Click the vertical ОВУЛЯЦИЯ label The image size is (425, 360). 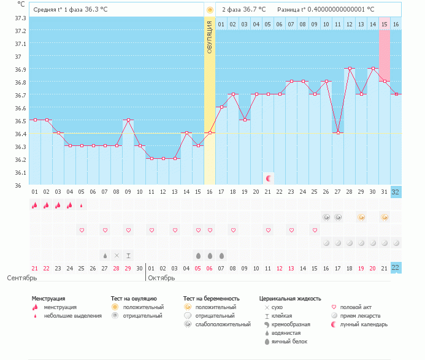[x=210, y=37]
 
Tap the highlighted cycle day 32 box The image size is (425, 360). [x=396, y=192]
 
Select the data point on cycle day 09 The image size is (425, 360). [x=128, y=120]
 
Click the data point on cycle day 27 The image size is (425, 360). [x=337, y=133]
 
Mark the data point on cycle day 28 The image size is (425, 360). [x=349, y=69]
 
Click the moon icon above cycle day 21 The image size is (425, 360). [x=268, y=178]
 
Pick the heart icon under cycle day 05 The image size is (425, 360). [x=82, y=230]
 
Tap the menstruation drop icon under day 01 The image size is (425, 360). [x=35, y=205]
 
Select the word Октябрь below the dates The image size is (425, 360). [x=163, y=278]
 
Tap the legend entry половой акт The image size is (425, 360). [x=356, y=307]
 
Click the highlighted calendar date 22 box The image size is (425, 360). [x=396, y=267]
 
